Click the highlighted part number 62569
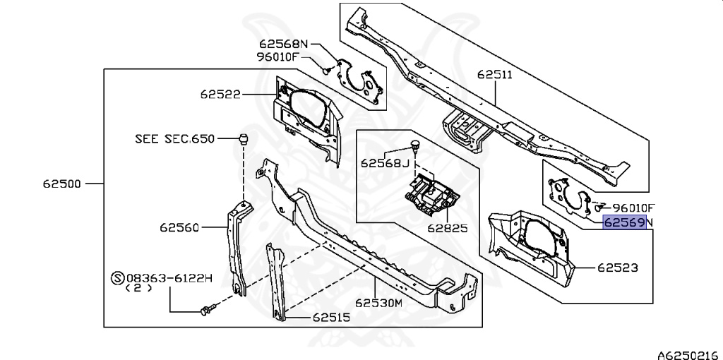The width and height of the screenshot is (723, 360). tap(623, 223)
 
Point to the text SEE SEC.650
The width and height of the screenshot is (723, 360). tap(174, 139)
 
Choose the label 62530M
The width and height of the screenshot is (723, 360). tap(378, 304)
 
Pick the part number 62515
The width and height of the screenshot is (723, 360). tap(330, 318)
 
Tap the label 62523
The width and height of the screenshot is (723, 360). tap(618, 268)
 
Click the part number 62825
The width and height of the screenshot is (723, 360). tap(446, 229)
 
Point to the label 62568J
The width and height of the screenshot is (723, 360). tap(385, 163)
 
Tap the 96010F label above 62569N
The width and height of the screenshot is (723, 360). tap(634, 208)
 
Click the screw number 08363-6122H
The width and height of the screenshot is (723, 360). tap(169, 279)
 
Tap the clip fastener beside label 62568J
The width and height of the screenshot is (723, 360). tap(415, 148)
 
